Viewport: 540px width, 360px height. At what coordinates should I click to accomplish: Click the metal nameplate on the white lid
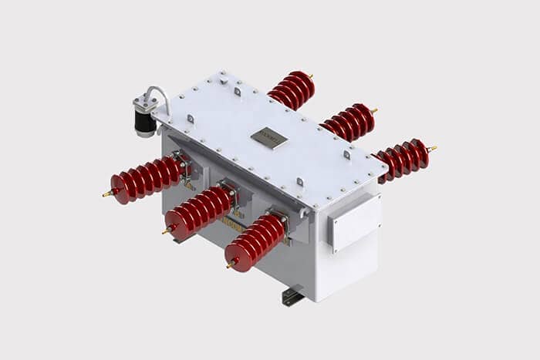268,139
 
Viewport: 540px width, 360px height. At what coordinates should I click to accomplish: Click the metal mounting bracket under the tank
292,296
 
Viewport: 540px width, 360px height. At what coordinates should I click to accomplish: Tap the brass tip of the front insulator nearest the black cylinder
106,194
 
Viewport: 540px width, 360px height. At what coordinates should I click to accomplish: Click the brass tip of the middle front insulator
165,230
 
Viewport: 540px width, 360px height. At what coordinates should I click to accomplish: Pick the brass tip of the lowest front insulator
229,267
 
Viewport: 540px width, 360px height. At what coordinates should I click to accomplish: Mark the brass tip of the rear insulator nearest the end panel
433,147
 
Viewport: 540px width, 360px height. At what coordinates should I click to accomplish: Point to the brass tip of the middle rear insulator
374,110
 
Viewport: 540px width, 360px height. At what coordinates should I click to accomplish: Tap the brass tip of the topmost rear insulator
311,76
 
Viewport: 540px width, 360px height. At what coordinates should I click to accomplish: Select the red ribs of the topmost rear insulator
291,90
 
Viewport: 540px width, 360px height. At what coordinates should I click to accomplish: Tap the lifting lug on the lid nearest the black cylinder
190,119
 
